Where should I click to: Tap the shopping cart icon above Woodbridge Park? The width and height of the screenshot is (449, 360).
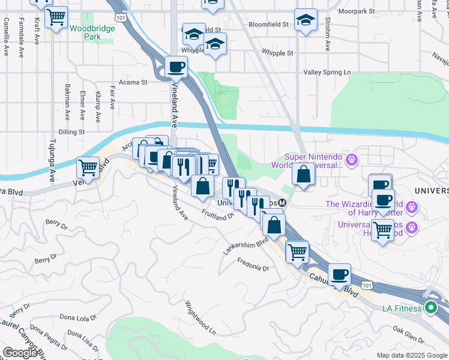point(56,17)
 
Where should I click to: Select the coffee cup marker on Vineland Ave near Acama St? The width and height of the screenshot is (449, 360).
point(176,67)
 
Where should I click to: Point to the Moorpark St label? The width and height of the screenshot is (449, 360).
point(355,11)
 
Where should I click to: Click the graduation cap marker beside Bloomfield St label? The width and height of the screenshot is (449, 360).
point(306,22)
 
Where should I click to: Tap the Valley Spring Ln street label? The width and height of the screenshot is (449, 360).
point(327,72)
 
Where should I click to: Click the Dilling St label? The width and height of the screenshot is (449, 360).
point(71,132)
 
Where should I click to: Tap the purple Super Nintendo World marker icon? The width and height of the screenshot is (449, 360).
point(352,160)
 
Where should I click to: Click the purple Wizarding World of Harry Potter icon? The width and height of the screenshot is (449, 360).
point(412,207)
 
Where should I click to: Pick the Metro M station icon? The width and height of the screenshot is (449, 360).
point(282,203)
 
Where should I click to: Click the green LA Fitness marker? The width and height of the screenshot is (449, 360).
point(430,309)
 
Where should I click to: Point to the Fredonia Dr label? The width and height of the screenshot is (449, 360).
point(253,264)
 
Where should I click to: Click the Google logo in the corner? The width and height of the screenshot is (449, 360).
point(20,352)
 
